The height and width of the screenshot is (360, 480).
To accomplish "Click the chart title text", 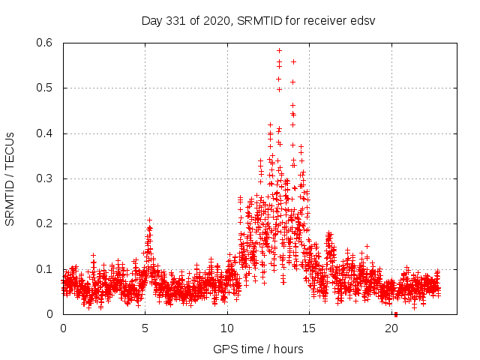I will point(258,20).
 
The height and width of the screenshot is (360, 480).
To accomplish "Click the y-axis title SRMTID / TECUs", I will point(10,178).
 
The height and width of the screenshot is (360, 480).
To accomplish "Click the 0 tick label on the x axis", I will point(63,328).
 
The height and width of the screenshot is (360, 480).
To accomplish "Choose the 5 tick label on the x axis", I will point(145,328).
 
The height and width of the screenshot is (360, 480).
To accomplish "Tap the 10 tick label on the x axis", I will point(227,328).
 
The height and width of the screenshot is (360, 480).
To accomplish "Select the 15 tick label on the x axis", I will point(310,328).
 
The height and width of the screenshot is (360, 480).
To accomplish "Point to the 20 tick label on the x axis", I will point(391,328).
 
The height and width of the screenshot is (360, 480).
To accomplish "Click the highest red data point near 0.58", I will point(279,50).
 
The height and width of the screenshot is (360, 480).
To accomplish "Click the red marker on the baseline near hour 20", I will point(395,314).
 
